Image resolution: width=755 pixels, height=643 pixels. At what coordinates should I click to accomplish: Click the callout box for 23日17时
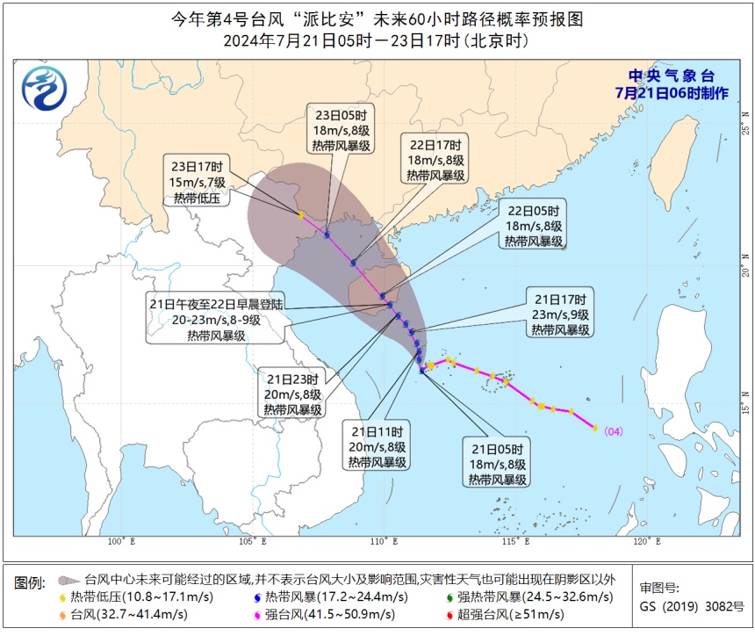(198, 182)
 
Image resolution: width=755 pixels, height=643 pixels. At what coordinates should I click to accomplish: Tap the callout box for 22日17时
(435, 159)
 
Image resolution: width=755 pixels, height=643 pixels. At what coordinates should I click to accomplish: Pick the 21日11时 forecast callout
(377, 446)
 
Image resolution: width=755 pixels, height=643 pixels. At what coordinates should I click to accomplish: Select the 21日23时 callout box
(293, 394)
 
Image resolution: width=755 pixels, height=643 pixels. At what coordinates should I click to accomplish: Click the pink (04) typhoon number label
(614, 430)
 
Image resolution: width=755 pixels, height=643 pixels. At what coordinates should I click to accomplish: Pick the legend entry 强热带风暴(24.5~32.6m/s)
(528, 597)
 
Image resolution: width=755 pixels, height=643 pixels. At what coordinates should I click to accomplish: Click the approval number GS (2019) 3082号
(691, 606)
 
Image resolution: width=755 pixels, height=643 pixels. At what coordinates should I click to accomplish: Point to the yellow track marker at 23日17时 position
(300, 214)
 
